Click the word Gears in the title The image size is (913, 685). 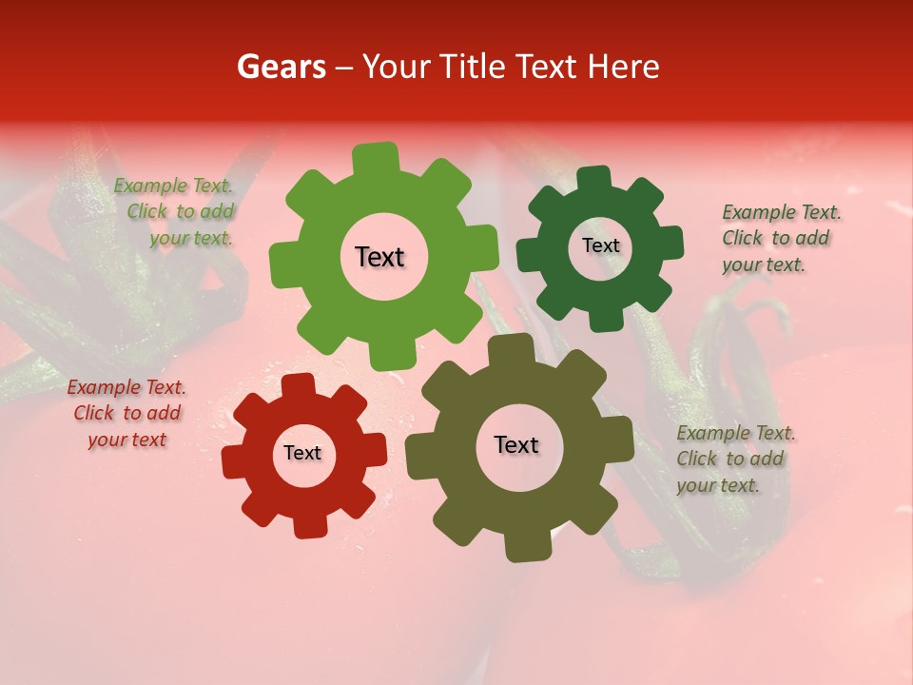(x=281, y=67)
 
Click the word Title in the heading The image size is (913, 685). (x=474, y=67)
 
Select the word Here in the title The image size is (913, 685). (x=624, y=67)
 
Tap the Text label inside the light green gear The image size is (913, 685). (x=379, y=257)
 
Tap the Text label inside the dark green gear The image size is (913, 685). (x=600, y=245)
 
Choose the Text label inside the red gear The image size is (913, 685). (x=302, y=453)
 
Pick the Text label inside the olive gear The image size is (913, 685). (x=516, y=445)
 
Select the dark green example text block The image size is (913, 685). (x=781, y=238)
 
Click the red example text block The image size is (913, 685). (x=126, y=413)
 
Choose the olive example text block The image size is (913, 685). (x=735, y=460)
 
